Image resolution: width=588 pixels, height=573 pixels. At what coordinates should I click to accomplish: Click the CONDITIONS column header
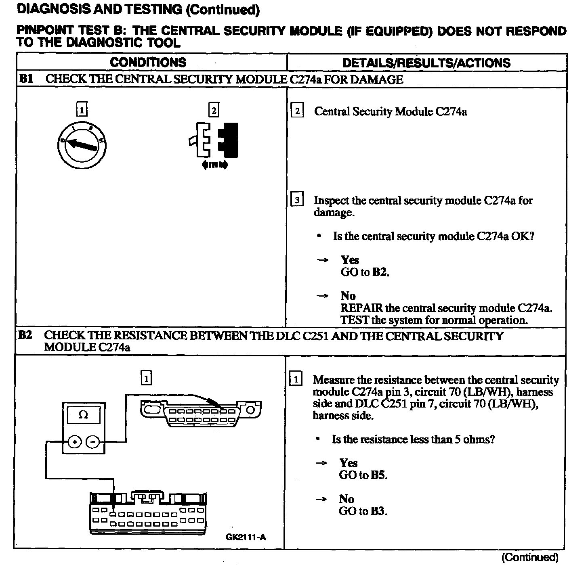148,62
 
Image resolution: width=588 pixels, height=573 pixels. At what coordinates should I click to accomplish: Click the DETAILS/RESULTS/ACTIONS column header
426,63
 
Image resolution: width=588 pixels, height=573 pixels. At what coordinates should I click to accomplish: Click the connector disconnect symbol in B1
214,143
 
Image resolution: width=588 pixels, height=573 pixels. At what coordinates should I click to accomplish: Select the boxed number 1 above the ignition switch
82,109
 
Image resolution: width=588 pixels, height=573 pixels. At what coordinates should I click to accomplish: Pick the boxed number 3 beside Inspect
297,200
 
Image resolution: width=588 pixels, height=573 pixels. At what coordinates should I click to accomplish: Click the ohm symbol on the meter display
83,415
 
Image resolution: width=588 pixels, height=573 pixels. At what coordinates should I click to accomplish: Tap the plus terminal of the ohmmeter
74,442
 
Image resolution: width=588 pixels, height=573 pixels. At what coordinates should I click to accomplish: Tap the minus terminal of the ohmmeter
93,442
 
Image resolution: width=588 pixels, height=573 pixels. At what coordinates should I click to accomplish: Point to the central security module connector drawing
148,512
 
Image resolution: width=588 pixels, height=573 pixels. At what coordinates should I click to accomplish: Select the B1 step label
26,79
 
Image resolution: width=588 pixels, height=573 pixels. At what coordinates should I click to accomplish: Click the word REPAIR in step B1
361,308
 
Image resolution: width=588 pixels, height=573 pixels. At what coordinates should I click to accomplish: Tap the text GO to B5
363,475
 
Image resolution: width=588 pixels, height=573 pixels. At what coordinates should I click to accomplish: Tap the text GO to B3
363,511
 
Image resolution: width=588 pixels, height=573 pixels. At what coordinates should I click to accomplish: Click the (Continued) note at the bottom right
529,557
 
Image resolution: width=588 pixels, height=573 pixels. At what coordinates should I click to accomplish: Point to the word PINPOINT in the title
45,31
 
